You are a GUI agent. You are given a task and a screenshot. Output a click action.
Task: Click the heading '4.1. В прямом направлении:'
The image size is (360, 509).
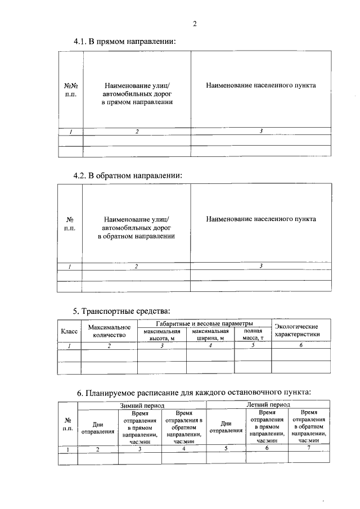click(124, 42)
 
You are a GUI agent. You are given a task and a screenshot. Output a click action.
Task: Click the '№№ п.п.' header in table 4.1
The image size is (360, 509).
click(70, 91)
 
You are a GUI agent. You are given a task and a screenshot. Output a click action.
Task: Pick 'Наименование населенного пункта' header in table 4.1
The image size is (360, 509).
click(260, 85)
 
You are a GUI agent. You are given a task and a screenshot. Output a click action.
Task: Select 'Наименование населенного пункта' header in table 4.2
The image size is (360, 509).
click(260, 219)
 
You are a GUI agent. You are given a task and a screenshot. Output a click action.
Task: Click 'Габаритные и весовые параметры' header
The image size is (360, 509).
click(204, 323)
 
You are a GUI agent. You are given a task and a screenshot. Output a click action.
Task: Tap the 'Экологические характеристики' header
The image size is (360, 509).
click(300, 330)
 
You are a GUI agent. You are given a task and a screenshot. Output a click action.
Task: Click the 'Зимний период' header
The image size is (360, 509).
click(142, 404)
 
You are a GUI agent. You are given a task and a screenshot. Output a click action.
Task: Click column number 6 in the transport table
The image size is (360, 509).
click(300, 345)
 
